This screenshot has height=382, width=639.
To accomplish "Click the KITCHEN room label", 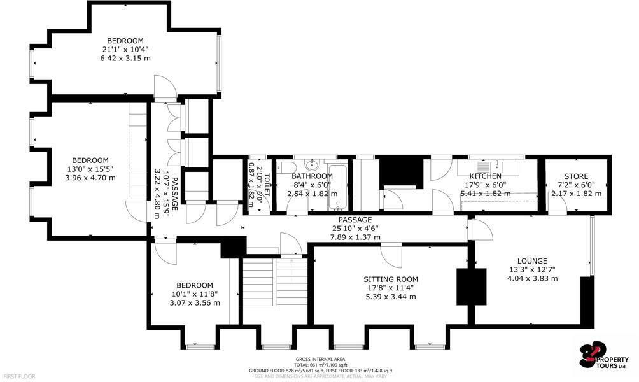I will click(x=486, y=176).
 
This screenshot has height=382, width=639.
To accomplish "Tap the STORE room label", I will click(x=576, y=176).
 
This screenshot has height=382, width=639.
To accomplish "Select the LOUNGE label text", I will click(x=532, y=261).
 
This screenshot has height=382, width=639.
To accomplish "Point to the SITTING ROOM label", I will click(x=391, y=279).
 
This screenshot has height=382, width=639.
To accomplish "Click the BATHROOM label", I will click(x=312, y=176).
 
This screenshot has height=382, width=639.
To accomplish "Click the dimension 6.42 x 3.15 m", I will click(x=125, y=59).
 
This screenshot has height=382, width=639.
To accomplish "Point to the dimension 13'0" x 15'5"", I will click(x=90, y=169).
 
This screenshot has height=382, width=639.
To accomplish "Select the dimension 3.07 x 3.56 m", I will click(x=195, y=303).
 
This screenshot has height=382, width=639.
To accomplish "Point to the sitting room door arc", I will click(x=392, y=255).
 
